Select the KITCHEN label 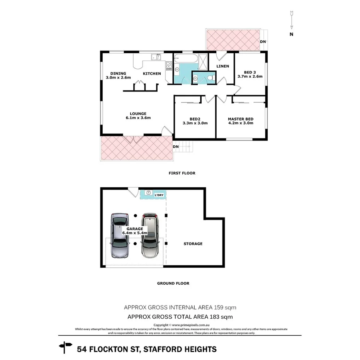pos(152,73)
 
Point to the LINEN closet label pos(222,66)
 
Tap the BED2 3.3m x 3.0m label pos(195,121)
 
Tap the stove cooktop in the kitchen pos(169,66)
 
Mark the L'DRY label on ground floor pos(159,195)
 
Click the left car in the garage pos(119,236)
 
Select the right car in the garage pos(150,236)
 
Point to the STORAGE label pos(193,244)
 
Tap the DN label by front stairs pos(176,147)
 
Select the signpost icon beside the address pos(65,347)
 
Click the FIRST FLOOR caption pos(182,173)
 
